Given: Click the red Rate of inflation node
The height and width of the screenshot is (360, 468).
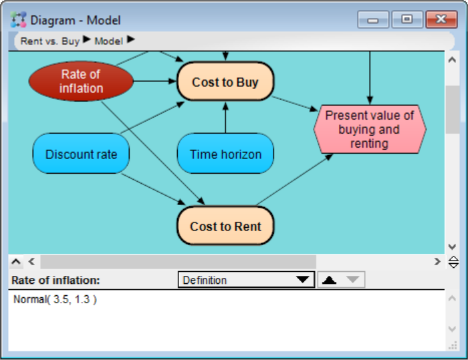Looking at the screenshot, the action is point(81,81).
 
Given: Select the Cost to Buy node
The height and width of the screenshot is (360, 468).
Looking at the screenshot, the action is point(225,81).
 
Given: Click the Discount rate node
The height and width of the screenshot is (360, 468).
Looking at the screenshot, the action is point(81,154).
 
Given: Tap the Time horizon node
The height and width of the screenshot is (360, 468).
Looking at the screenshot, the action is point(225,154).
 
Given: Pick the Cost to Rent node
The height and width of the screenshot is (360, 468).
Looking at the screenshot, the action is point(225,226).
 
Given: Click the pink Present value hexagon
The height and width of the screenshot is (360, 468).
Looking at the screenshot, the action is point(370,129).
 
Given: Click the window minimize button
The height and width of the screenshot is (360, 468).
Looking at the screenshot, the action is point(373,19).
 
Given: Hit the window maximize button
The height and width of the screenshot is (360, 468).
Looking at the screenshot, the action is point(407,19).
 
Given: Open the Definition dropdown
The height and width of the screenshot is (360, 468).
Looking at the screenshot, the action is point(246,280).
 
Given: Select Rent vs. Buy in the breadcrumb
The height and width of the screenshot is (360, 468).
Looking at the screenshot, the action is point(50,41).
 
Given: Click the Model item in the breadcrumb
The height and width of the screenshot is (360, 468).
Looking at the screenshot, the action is point(108,41).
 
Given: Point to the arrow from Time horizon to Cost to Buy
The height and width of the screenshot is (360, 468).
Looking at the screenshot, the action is point(225,118).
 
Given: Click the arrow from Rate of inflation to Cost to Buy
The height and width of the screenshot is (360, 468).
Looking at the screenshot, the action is point(155,81).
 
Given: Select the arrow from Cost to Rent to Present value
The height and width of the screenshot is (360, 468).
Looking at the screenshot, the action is point(294,180).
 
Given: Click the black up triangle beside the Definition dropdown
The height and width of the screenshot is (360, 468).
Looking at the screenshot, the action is point(329,280).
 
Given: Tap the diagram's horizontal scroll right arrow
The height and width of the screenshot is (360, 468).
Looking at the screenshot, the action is point(437,262).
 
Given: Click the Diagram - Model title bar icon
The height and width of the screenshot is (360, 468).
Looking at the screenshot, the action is point(19,19).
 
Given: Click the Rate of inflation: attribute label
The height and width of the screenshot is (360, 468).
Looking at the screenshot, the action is point(55,281).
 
